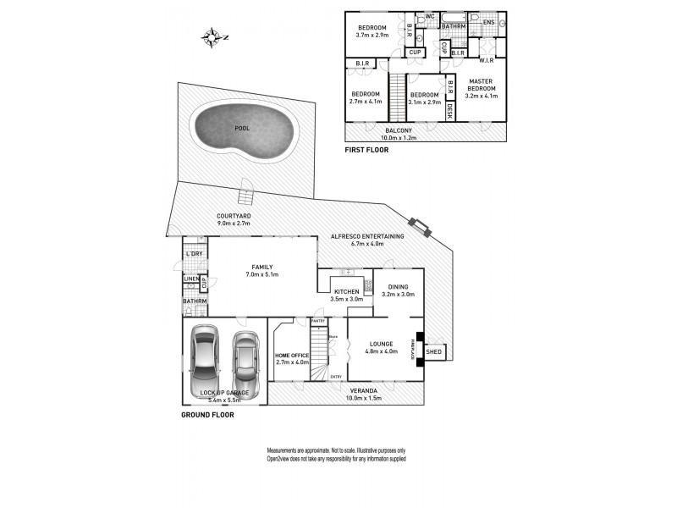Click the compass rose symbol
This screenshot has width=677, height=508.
[x=212, y=36]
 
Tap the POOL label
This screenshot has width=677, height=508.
[x=243, y=129]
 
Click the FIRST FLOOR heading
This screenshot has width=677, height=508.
[x=366, y=150]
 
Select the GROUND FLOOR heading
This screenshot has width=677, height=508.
[x=208, y=415]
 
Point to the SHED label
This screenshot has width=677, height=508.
[x=433, y=351]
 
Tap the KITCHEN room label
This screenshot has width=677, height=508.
[x=346, y=291]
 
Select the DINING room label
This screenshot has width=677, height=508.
[x=398, y=287]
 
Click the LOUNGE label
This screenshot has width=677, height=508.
[x=378, y=344]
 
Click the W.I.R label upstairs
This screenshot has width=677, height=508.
[x=486, y=60]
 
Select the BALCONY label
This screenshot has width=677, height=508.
[x=399, y=130]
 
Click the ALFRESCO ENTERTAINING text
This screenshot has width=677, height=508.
[x=366, y=236]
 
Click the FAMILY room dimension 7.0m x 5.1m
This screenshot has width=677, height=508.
[x=261, y=274]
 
